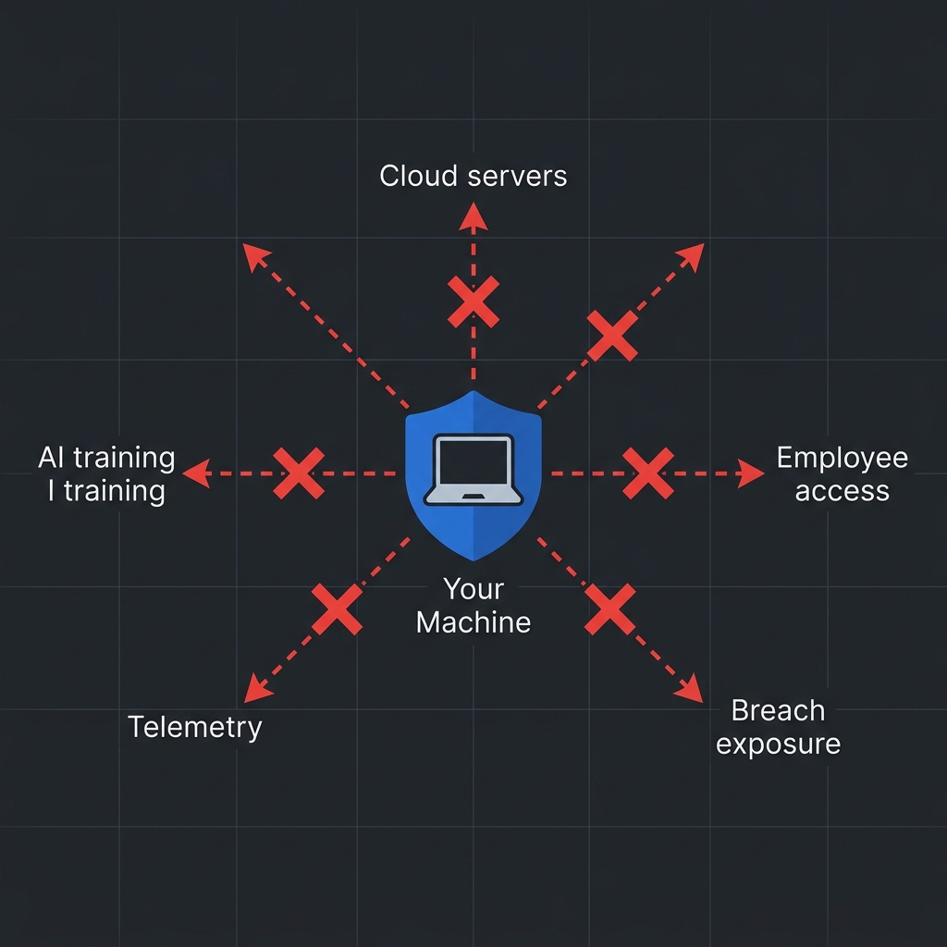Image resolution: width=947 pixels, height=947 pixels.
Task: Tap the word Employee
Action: (x=842, y=458)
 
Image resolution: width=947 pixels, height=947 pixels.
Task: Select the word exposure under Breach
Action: (x=778, y=744)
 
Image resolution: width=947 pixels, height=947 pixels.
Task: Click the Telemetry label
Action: (x=195, y=727)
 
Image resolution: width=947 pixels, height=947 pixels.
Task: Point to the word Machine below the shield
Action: (x=473, y=621)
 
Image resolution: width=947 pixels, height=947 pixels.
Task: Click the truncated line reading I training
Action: (x=106, y=490)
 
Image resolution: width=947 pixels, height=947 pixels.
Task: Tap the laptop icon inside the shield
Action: (x=473, y=470)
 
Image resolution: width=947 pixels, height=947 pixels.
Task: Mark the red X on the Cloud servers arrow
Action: (x=473, y=301)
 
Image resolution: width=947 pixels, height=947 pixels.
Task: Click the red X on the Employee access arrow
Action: (x=648, y=473)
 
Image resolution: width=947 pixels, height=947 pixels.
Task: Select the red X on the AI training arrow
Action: (x=299, y=473)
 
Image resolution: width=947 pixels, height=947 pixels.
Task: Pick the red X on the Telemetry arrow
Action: (x=337, y=609)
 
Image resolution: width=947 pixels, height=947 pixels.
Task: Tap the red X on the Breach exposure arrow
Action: (x=610, y=609)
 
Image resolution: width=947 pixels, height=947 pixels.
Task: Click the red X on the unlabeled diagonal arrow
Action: (x=612, y=336)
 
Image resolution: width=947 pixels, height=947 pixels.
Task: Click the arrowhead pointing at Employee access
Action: (x=753, y=473)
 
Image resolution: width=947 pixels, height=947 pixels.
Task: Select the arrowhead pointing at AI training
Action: (x=194, y=473)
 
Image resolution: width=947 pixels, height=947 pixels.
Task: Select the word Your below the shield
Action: (x=473, y=589)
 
